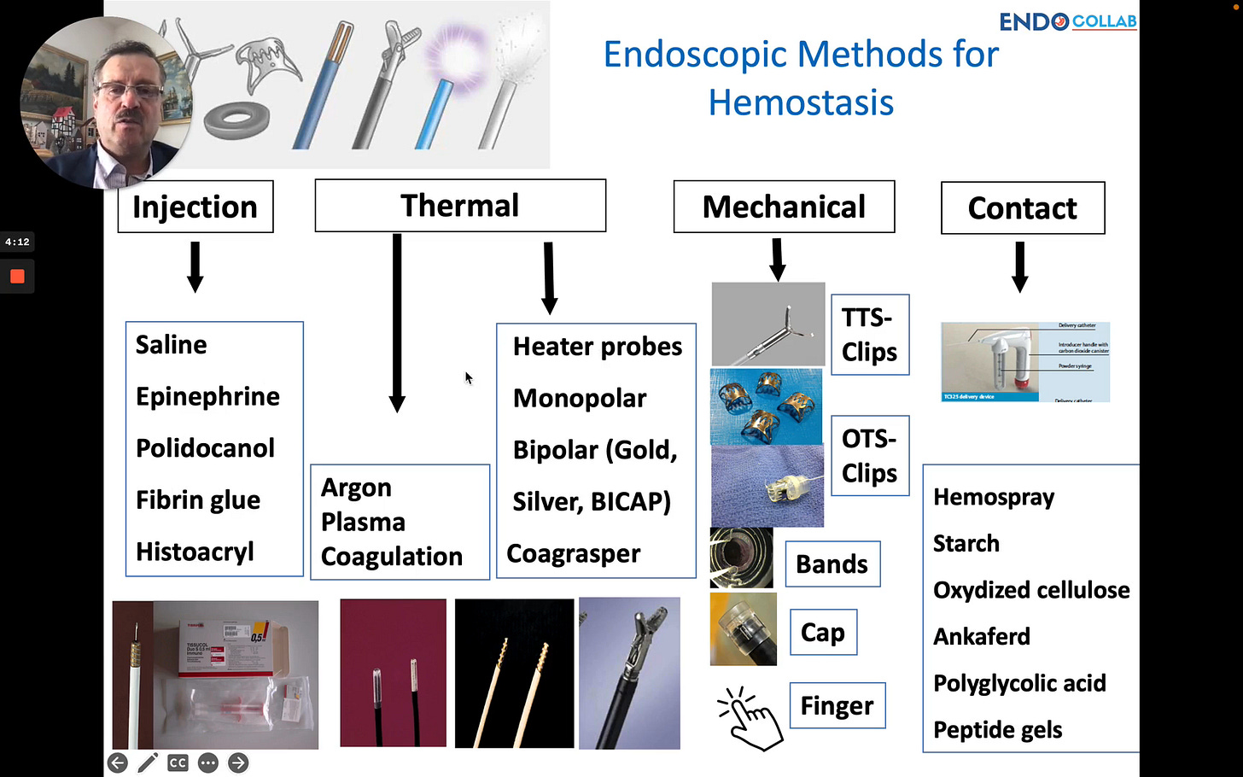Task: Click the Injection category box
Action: (195, 207)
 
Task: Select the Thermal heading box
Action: (460, 206)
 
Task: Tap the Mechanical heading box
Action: (784, 207)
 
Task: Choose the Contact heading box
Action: (1023, 208)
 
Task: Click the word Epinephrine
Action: (207, 396)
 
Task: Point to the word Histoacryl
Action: (195, 552)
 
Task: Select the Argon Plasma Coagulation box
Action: (400, 522)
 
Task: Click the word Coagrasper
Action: (573, 553)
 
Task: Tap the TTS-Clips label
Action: (869, 335)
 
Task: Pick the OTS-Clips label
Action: (869, 456)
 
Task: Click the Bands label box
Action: (832, 564)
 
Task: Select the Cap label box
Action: (823, 633)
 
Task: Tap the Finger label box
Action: (837, 706)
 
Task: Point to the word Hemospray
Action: (994, 497)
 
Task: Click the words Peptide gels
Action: (997, 730)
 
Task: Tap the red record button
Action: (17, 277)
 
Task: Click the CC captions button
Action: (178, 762)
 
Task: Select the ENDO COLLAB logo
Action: (1067, 21)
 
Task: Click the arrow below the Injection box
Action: (195, 266)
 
